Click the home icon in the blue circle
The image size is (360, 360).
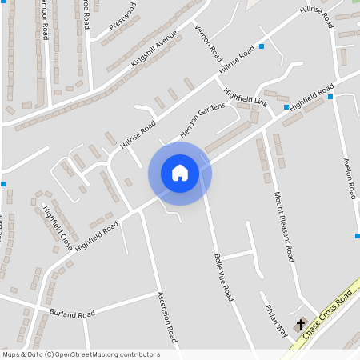pyautogui.click(x=180, y=172)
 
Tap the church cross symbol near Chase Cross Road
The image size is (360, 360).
pyautogui.click(x=302, y=325)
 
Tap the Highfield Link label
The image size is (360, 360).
pyautogui.click(x=245, y=98)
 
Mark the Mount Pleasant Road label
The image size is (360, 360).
pyautogui.click(x=285, y=228)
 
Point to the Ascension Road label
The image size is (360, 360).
pyautogui.click(x=166, y=317)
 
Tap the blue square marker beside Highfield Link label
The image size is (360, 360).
pyautogui.click(x=286, y=106)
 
